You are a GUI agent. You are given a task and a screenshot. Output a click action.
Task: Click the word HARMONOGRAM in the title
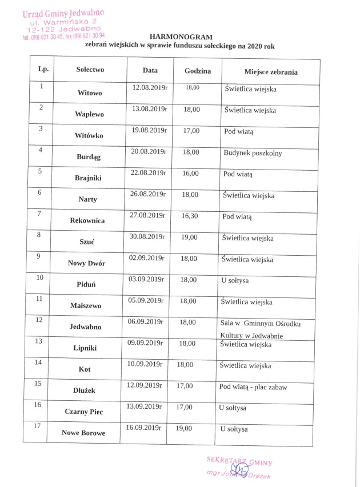point(180,36)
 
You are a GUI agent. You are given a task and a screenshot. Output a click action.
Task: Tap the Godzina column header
point(198,71)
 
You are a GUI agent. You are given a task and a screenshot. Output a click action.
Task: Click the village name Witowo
point(90,92)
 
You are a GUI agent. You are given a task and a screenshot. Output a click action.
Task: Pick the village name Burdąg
point(88,156)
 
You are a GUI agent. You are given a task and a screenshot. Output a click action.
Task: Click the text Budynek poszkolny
point(252,153)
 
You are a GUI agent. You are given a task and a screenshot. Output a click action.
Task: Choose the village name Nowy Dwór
point(87,263)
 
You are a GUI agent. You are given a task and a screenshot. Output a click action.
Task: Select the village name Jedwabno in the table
point(86,327)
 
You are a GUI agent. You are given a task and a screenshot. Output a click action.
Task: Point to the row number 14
point(38,362)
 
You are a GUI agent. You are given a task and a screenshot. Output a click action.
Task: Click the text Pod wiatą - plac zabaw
point(253,387)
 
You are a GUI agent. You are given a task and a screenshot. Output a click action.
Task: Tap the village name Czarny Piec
point(84,410)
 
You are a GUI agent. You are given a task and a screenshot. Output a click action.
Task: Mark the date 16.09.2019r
point(145,427)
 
